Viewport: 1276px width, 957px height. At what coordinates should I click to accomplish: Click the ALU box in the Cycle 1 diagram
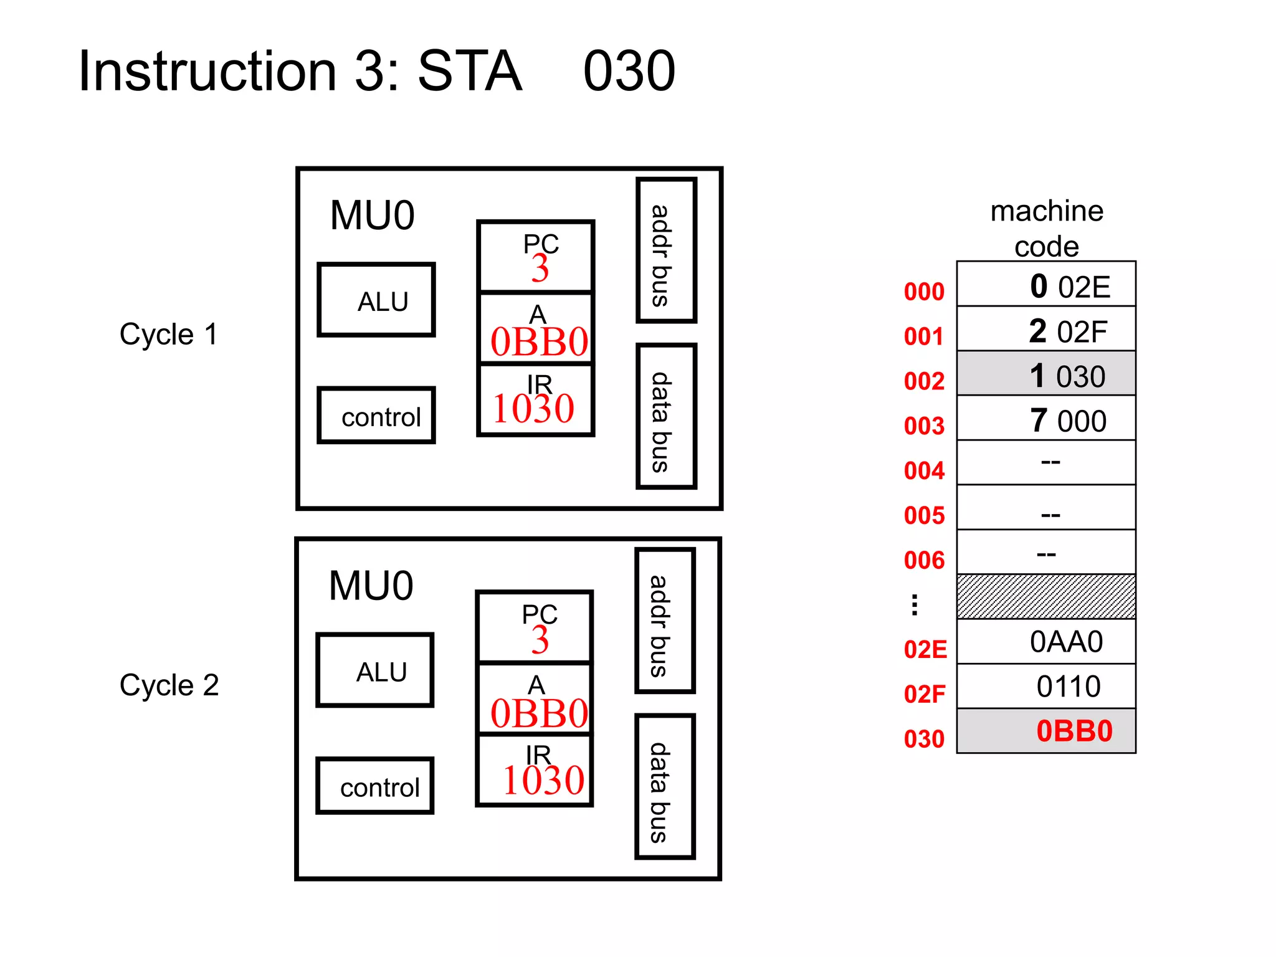[376, 300]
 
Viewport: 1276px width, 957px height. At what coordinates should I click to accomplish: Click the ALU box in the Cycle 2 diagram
[374, 670]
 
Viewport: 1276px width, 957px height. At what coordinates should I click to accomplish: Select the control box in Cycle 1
[376, 416]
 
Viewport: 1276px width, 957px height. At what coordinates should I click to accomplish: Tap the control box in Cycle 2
[374, 786]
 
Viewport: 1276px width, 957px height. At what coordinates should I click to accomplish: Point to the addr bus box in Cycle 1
[665, 250]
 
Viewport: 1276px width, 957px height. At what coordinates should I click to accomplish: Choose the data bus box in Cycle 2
[664, 787]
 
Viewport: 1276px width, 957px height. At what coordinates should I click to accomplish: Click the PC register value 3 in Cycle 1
[540, 269]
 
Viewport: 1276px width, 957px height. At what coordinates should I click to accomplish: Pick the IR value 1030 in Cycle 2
[543, 780]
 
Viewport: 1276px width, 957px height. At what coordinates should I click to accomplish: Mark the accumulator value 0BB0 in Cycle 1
[539, 341]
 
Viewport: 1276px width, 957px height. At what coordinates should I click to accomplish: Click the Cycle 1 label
[168, 334]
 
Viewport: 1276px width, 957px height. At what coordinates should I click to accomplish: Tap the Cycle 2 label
[169, 685]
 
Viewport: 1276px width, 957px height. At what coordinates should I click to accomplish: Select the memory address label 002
[924, 381]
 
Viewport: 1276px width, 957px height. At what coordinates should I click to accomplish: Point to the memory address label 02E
[925, 649]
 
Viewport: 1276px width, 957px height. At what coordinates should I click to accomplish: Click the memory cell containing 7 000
[1046, 419]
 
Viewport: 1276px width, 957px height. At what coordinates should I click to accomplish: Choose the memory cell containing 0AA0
[1046, 642]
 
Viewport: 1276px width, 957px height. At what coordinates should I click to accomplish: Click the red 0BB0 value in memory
[1074, 731]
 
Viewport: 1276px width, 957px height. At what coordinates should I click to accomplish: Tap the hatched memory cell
[1046, 596]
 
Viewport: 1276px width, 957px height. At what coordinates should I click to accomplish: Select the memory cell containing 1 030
[1046, 374]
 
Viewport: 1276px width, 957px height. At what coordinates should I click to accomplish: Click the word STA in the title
[469, 71]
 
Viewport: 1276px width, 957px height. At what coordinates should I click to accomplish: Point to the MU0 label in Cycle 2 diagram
[371, 586]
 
